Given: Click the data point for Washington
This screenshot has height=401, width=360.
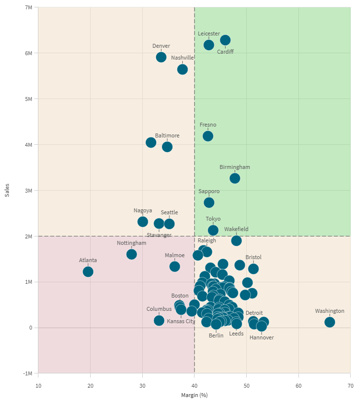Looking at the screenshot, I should (329, 322).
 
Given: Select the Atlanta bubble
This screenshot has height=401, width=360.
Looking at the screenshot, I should (88, 271).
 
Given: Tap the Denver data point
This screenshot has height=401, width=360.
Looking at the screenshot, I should (161, 57).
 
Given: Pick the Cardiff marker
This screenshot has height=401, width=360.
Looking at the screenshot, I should (225, 40).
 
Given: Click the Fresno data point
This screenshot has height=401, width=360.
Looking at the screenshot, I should (208, 136).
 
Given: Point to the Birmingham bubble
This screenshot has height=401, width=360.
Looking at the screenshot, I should (235, 178).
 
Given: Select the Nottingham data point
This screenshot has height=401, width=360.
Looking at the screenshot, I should (131, 254).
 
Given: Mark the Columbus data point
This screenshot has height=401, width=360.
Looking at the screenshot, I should (159, 321).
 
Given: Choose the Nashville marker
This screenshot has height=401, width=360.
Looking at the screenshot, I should (182, 69).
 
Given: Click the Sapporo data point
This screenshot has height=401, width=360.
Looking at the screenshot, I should (209, 202).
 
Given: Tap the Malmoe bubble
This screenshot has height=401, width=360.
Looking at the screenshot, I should (175, 267).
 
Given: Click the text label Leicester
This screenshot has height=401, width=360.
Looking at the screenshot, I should (209, 33).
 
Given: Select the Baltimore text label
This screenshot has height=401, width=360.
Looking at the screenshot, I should (167, 135).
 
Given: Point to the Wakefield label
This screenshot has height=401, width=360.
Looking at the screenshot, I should (236, 229).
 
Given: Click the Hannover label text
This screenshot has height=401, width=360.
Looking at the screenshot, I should (262, 337).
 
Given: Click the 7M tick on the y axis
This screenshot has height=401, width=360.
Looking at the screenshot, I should (28, 7).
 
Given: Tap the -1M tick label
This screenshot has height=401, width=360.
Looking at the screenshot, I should (27, 373).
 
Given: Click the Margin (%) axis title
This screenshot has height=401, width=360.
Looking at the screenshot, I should (194, 395).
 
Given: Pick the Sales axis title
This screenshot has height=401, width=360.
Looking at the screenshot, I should (7, 191).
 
